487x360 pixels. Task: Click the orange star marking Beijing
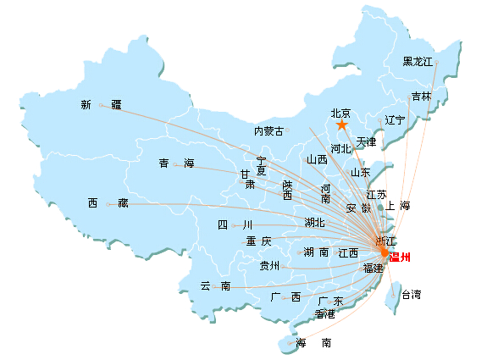pos(341,125)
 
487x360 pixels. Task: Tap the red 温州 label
pos(400,258)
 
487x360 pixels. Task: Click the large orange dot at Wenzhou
pos(385,253)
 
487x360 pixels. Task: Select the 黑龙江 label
pos(418,62)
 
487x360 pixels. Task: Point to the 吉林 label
pos(422,97)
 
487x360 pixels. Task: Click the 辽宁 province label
pos(395,120)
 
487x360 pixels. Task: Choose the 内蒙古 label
pos(268,131)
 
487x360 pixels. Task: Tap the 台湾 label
pos(412,294)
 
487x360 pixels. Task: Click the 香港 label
pos(325,314)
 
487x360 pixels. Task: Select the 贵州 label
pos(269,266)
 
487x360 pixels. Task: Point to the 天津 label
pos(366,142)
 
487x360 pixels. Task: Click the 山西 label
pos(317,159)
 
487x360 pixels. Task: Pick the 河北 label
pos(340,149)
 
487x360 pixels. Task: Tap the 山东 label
pos(360,173)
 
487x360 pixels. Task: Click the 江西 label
pos(348,252)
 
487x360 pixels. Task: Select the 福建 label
pos(374,268)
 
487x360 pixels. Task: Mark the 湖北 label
pos(314,223)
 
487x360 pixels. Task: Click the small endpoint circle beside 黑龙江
pos(437,63)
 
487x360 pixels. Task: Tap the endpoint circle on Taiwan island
pos(393,296)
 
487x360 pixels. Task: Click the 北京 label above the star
pos(340,113)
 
